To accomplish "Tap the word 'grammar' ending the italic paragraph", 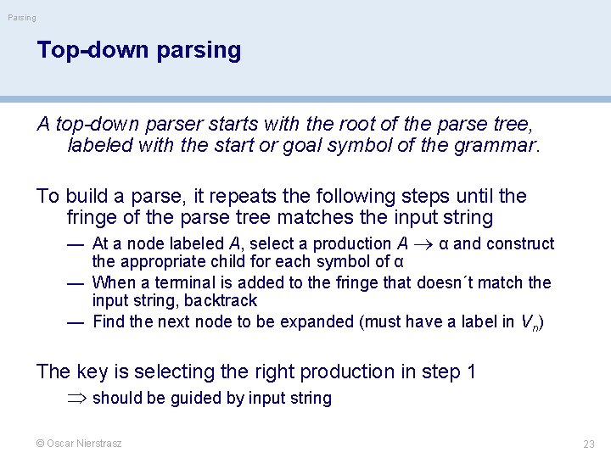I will [496, 145].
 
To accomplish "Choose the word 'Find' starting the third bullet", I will [109, 321].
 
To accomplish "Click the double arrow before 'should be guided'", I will [79, 399].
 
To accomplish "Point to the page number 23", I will [589, 444].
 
